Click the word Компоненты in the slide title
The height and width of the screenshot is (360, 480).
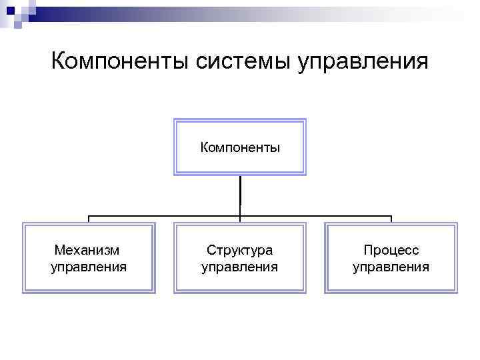120,62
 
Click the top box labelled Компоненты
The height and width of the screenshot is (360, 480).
240,147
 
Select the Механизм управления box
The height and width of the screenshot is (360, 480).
89,258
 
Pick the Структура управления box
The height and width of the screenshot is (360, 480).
240,258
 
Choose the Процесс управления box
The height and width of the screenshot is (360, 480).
391,258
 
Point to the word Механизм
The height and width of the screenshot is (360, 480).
89,251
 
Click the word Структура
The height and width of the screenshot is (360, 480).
240,251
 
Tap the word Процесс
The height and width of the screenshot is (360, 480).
391,251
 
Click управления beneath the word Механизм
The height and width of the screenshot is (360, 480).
89,267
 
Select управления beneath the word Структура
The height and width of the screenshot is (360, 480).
240,267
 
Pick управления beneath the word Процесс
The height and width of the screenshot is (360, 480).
391,267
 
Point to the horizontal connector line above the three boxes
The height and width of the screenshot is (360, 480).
167,216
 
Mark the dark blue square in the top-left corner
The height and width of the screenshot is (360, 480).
10,10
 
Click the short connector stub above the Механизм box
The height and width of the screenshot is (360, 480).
89,219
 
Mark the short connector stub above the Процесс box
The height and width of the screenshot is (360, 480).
391,219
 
